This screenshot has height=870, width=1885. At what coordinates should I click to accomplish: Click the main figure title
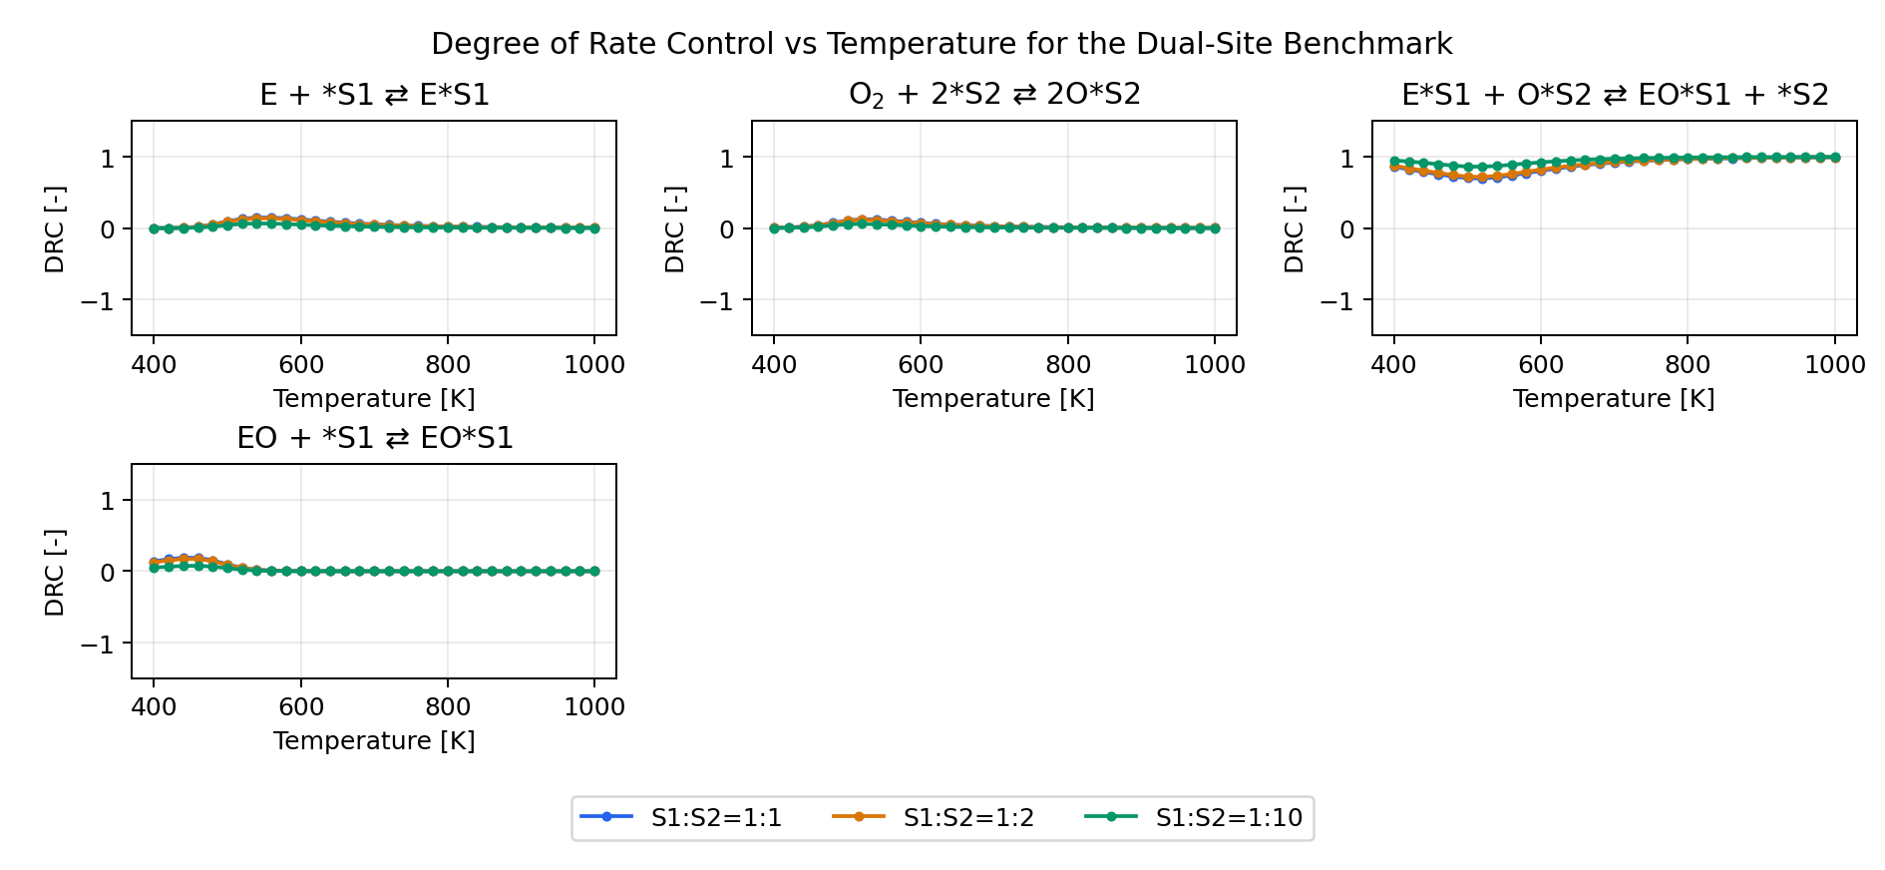[942, 44]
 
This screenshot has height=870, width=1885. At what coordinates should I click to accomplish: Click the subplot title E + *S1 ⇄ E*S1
[374, 95]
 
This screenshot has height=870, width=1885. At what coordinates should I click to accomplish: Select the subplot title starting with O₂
[993, 95]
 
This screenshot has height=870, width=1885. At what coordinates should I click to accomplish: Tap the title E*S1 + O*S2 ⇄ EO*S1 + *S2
[1614, 95]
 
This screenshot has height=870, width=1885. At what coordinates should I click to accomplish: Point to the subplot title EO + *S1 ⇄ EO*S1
[374, 438]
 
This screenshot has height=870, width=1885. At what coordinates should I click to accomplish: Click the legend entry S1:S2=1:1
[715, 818]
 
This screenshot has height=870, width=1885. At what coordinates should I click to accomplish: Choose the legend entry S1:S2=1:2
[967, 818]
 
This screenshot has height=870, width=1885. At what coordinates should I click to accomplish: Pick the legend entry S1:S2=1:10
[1228, 818]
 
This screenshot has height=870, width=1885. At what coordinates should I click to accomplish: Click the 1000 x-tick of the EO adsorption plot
[594, 707]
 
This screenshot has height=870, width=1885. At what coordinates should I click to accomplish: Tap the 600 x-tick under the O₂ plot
[921, 365]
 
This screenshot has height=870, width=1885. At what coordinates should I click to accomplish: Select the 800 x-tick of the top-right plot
[1688, 365]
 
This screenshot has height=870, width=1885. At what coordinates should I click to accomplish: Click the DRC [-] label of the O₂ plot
[675, 229]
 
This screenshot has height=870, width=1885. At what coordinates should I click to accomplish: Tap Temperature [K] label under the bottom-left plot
[374, 741]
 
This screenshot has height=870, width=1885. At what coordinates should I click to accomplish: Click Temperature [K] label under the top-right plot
[1614, 399]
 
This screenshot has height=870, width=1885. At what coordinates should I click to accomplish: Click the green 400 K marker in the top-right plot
[1394, 161]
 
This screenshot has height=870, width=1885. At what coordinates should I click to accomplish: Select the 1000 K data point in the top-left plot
[594, 228]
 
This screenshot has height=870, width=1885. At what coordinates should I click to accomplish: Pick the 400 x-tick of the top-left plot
[154, 365]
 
